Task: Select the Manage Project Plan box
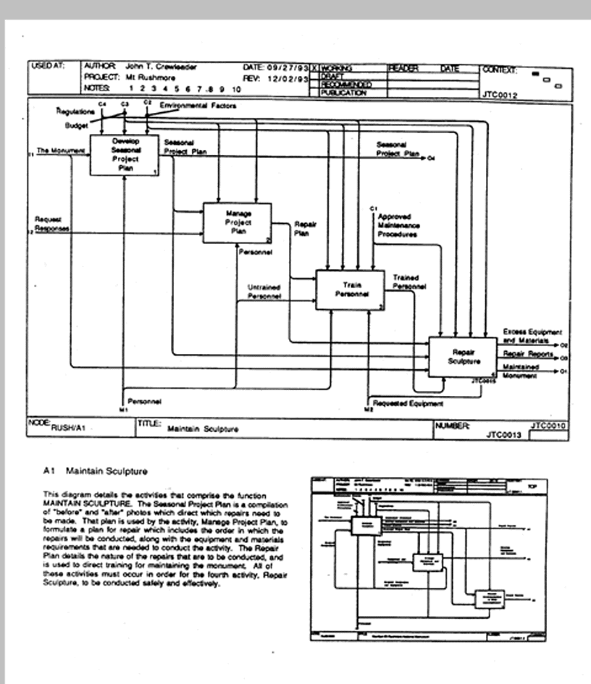[237, 222]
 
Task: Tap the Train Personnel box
[350, 290]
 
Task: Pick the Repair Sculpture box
[462, 356]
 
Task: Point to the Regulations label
[75, 112]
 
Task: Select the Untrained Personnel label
[264, 291]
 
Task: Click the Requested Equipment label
[407, 403]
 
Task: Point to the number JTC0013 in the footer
[506, 435]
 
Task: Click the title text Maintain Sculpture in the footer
[203, 428]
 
